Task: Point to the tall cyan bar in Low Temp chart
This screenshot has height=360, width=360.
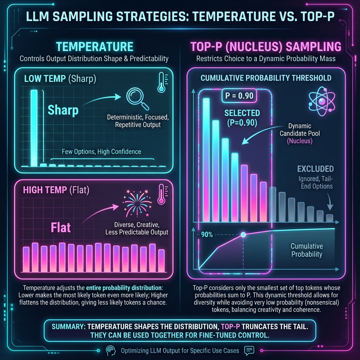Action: (x=34, y=128)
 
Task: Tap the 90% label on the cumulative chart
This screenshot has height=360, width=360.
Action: (x=207, y=235)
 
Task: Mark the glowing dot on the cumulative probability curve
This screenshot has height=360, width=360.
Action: (x=242, y=235)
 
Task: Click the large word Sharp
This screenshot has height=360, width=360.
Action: (x=63, y=110)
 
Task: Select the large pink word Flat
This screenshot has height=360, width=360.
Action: (x=61, y=227)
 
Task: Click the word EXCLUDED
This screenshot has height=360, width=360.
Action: (x=315, y=169)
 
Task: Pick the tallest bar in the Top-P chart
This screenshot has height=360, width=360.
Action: (x=206, y=159)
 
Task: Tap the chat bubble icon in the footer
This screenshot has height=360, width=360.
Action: (x=249, y=350)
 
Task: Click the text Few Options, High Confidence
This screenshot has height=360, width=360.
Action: (x=101, y=152)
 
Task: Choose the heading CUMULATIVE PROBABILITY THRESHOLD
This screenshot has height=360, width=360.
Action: (x=266, y=78)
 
